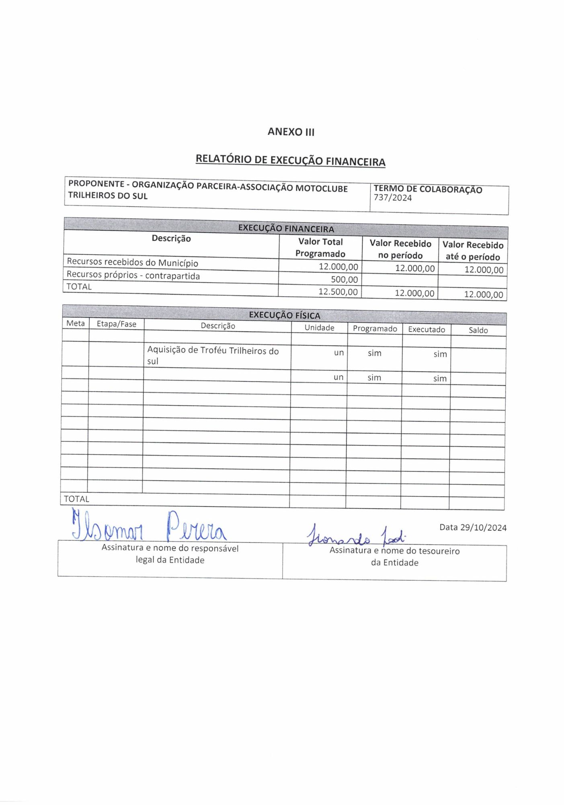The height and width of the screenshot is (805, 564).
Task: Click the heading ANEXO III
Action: click(291, 132)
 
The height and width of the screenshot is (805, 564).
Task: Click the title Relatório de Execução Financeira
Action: click(290, 160)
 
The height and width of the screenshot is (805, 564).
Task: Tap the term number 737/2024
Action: click(393, 198)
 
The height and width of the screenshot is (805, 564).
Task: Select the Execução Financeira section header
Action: click(286, 228)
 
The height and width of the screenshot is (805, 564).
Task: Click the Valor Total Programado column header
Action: click(320, 248)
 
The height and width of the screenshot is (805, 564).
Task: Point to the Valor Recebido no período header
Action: click(400, 249)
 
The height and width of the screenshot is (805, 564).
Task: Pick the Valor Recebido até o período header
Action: click(473, 251)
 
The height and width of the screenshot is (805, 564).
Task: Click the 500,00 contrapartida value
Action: click(344, 279)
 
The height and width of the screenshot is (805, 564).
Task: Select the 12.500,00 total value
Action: click(338, 291)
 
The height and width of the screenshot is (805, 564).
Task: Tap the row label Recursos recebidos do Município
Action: click(132, 262)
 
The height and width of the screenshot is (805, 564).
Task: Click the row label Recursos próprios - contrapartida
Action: click(133, 275)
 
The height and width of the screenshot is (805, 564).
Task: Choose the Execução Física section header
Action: click(284, 315)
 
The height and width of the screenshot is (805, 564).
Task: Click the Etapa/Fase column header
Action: click(116, 324)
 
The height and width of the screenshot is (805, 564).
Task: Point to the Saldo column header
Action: click(478, 330)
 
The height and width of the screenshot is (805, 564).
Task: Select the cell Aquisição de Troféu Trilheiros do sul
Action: click(213, 355)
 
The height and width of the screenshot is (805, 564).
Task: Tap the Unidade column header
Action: click(319, 328)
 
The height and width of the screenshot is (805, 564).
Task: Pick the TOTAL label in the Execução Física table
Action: click(76, 499)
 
